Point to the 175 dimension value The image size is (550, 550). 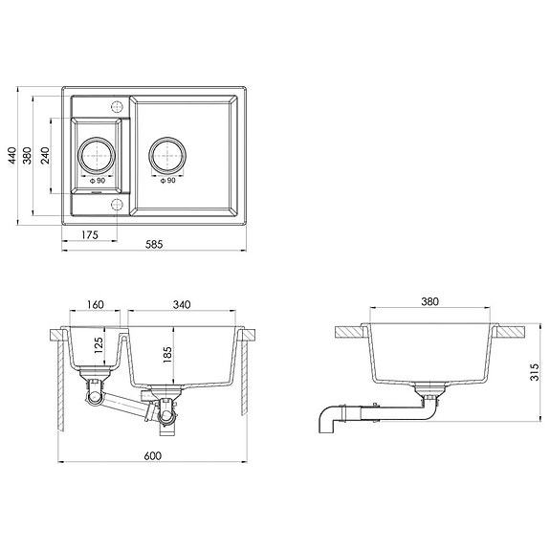click(91, 234)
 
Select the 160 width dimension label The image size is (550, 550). click(95, 304)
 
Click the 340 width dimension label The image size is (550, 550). click(183, 304)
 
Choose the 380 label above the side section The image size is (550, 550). click(429, 302)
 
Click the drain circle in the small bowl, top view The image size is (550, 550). click(99, 153)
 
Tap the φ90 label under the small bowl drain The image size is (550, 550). click(99, 181)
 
